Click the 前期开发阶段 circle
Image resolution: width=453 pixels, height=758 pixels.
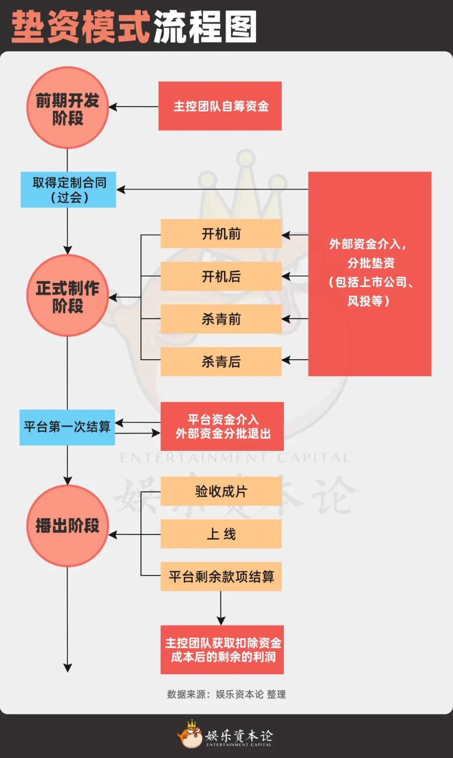(x=68, y=108)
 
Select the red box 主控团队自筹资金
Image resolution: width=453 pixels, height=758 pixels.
(x=220, y=106)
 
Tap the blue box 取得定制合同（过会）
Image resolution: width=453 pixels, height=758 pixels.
(x=68, y=190)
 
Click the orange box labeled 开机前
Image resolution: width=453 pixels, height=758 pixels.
(x=221, y=234)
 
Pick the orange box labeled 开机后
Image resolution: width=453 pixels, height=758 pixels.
(x=221, y=276)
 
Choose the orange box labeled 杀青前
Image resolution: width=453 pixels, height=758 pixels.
(x=221, y=319)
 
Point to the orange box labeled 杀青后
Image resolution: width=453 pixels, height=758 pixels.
(x=221, y=362)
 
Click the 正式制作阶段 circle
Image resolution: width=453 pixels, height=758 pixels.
(x=68, y=296)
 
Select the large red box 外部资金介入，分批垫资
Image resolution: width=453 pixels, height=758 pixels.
(x=370, y=274)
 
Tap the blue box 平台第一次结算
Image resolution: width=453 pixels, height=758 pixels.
(x=67, y=427)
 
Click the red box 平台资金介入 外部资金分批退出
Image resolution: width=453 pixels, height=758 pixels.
(x=222, y=426)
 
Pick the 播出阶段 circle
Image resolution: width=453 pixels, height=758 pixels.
(x=68, y=526)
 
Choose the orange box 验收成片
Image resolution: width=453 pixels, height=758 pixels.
(x=221, y=491)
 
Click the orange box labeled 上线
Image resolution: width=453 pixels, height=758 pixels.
(x=221, y=534)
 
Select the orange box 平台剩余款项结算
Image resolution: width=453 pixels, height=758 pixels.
(x=221, y=577)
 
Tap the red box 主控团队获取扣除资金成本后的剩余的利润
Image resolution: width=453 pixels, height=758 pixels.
(x=222, y=650)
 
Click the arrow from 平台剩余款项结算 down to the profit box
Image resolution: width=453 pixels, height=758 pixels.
(x=221, y=608)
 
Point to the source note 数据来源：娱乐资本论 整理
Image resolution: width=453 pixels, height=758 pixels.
(x=226, y=694)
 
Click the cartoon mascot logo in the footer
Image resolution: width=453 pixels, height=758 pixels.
(x=190, y=735)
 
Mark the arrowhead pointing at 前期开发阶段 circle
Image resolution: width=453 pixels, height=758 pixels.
(x=112, y=107)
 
